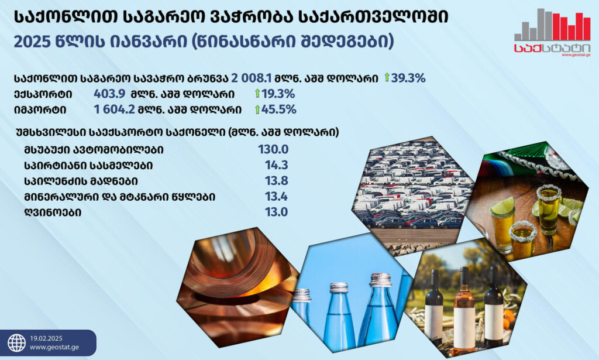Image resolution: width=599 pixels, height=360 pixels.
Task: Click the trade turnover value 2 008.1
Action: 252,78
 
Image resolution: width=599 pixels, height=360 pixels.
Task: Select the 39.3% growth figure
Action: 408,78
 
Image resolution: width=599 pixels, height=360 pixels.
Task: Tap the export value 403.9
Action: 109,94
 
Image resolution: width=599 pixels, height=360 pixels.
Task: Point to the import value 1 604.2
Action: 114,109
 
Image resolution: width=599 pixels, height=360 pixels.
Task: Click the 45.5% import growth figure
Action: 279,109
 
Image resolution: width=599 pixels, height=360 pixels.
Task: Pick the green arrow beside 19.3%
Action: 257,93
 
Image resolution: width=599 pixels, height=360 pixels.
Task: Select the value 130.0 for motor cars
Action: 273,149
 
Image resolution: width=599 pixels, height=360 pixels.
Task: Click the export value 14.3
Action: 277,165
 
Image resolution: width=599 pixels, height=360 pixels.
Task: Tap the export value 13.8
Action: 277,181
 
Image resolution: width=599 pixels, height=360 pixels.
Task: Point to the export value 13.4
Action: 277,197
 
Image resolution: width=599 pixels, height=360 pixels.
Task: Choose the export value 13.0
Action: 277,212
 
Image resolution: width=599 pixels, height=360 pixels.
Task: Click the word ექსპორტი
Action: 43,94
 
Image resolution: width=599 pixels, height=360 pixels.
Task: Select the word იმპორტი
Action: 40,110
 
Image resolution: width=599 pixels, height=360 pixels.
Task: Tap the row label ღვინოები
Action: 53,212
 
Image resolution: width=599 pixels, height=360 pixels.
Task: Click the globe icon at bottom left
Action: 17,343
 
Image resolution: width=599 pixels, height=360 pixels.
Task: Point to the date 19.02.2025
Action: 46,338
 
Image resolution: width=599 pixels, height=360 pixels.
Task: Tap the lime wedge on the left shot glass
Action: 502,207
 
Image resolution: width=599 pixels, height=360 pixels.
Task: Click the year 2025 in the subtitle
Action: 33,42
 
